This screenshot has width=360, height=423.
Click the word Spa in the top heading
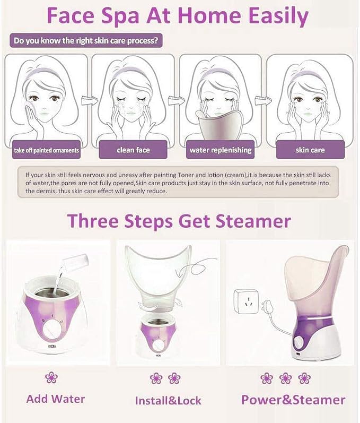tap(120, 15)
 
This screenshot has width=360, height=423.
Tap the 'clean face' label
tap(133, 150)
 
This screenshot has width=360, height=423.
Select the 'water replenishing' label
tap(220, 150)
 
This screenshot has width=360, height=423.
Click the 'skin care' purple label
tap(310, 150)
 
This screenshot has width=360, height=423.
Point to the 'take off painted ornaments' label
tap(46, 150)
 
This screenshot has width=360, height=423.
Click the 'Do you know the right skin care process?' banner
tap(86, 41)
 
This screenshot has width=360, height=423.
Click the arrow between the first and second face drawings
tap(90, 100)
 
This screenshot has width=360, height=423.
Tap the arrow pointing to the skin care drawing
tap(264, 100)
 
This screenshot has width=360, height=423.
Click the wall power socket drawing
tap(247, 301)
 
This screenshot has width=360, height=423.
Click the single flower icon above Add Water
tap(51, 377)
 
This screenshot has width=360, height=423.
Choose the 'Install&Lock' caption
tap(168, 401)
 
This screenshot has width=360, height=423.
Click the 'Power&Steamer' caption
tap(293, 400)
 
